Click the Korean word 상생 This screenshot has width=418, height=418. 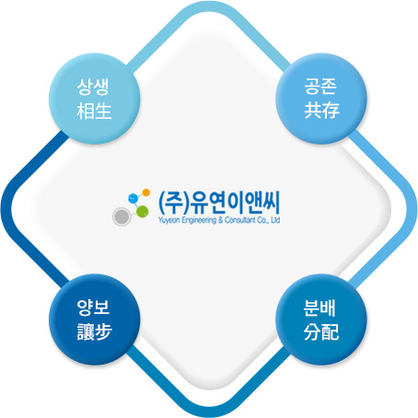[93, 87]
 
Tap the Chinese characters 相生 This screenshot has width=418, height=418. [94, 110]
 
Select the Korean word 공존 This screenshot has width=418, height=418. [320, 87]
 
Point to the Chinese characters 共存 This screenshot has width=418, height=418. [321, 110]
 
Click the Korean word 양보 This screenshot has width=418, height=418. [93, 308]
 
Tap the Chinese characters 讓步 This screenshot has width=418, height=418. [94, 331]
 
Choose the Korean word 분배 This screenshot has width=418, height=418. [319, 308]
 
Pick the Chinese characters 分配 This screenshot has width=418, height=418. [321, 331]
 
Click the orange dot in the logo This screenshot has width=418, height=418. [146, 192]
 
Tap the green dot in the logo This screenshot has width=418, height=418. [143, 212]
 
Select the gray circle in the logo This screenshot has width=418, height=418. [122, 216]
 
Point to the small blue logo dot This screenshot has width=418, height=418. [134, 199]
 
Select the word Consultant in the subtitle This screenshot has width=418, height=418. [240, 220]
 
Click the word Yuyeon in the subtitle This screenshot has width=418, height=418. [169, 220]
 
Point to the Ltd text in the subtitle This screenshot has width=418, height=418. [276, 220]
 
